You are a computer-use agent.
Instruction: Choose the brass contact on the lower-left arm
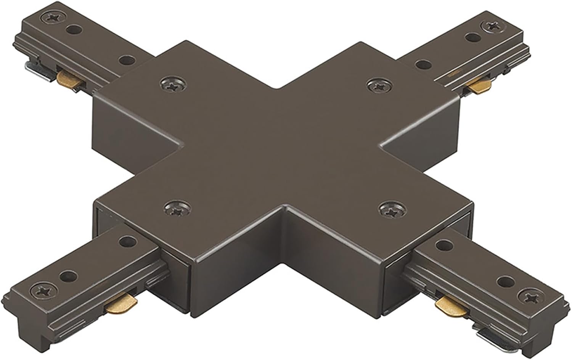coord(120,303)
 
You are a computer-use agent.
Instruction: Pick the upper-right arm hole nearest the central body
coord(421,64)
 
